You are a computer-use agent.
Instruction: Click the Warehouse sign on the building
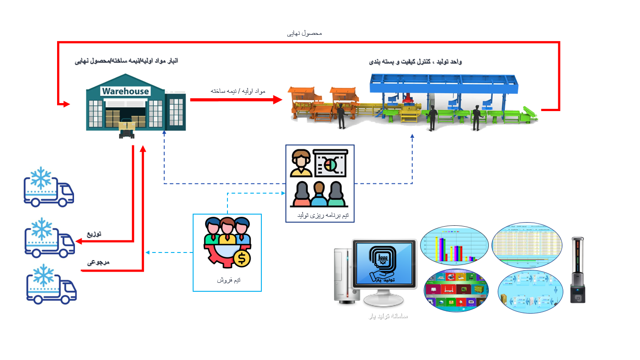click(x=125, y=91)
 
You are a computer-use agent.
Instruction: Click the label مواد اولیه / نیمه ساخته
click(x=238, y=91)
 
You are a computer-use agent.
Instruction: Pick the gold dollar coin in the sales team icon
click(x=241, y=258)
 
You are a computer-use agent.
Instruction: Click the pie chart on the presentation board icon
click(x=330, y=165)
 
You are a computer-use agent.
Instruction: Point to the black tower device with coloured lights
click(x=578, y=270)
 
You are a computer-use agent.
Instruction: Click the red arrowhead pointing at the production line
click(x=278, y=99)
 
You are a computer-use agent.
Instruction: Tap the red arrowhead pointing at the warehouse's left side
click(x=66, y=104)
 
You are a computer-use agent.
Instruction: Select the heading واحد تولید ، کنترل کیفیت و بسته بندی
click(x=415, y=62)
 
